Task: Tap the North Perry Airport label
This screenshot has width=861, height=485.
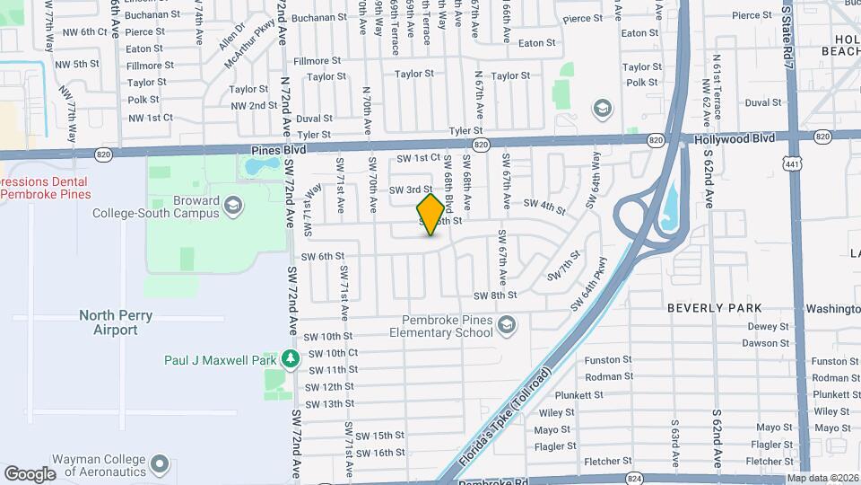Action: (x=116, y=322)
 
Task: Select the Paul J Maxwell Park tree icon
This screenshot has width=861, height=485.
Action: (x=290, y=359)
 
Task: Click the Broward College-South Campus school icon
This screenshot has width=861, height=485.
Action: (x=233, y=207)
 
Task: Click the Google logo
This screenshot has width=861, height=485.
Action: (x=30, y=474)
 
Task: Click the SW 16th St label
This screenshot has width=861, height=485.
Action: (x=380, y=453)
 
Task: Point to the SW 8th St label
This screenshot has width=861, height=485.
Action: (x=495, y=295)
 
